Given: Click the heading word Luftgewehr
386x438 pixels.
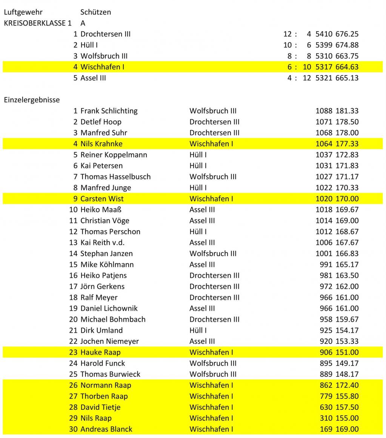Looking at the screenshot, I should (x=23, y=12).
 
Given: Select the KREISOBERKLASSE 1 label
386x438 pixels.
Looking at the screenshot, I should (x=37, y=23).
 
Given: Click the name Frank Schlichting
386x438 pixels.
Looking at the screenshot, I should (x=109, y=111).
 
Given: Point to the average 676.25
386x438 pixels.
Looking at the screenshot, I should (x=347, y=34).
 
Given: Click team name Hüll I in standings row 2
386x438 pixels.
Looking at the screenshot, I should (x=89, y=45).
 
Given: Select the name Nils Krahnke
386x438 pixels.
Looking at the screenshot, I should (x=101, y=144).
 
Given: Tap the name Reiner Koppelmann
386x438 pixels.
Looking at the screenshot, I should (x=114, y=155).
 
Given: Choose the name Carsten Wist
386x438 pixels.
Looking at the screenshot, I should (x=102, y=198).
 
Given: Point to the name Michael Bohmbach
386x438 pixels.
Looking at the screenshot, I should (x=113, y=319).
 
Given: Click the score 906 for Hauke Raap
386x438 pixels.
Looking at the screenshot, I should (x=326, y=352).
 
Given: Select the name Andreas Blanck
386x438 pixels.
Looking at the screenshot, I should (x=106, y=429).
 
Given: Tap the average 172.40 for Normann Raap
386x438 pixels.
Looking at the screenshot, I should (x=347, y=385).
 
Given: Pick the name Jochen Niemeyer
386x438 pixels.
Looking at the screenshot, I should (x=109, y=341).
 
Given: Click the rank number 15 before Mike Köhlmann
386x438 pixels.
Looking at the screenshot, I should (x=73, y=264).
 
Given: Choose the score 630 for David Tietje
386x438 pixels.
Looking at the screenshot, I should (x=326, y=407).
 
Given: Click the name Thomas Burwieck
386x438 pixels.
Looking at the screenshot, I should (x=110, y=374).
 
